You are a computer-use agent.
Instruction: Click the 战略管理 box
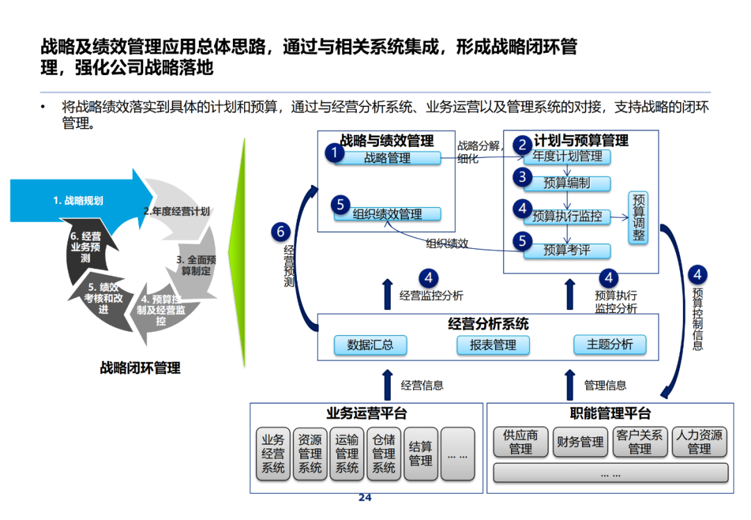click(387, 159)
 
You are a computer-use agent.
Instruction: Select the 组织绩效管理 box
click(387, 214)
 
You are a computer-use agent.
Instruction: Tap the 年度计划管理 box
click(567, 157)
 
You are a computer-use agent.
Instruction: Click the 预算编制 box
click(567, 184)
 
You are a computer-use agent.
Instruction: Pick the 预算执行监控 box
click(567, 216)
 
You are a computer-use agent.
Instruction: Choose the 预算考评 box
click(567, 250)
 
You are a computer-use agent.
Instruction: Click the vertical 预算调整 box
click(638, 217)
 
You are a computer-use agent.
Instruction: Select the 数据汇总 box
click(370, 345)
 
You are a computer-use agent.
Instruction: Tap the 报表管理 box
click(493, 345)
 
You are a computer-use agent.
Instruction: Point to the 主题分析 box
click(610, 344)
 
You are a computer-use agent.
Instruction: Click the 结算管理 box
click(421, 454)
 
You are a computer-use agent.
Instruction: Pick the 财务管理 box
click(581, 442)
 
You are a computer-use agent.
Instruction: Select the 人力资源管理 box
click(699, 442)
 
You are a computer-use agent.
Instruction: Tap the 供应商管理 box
click(521, 442)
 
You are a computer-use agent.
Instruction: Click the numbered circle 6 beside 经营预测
click(281, 231)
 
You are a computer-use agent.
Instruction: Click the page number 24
click(365, 498)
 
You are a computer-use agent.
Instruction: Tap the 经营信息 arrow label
click(422, 385)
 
